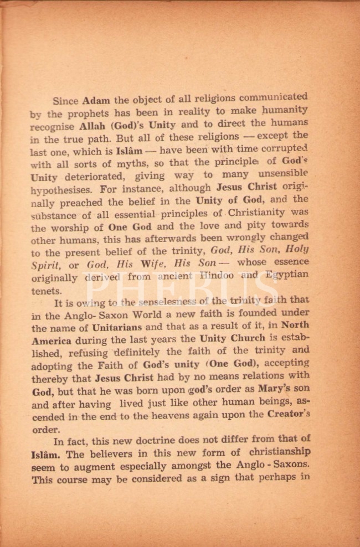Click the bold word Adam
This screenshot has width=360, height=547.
tap(96, 101)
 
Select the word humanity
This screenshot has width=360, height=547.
tap(285, 111)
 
